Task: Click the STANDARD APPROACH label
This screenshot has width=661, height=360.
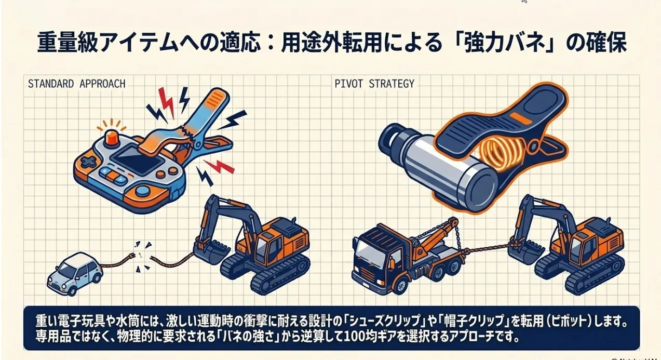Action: click(x=76, y=84)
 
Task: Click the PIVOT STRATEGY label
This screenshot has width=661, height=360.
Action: click(x=374, y=84)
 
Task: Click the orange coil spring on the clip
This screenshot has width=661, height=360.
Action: click(x=502, y=156)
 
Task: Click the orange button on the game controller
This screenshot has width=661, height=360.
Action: click(x=110, y=138)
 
